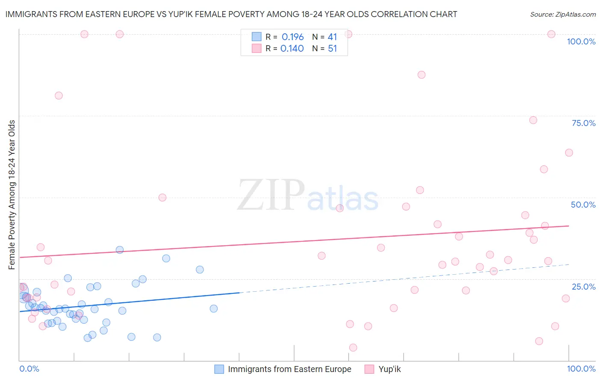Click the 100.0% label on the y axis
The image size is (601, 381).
(x=581, y=41)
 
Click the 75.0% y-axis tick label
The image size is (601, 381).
(x=583, y=123)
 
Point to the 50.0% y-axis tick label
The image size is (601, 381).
(x=583, y=205)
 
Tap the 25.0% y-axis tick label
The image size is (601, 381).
(x=583, y=286)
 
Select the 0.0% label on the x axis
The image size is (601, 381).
(x=29, y=369)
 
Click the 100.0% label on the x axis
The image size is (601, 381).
(x=581, y=369)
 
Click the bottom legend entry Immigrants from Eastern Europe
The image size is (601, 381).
(x=289, y=369)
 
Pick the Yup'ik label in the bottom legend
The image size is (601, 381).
(x=389, y=369)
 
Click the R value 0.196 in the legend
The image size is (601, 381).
(x=292, y=37)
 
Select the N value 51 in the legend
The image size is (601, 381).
(x=332, y=49)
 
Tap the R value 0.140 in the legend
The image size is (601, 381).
(x=292, y=49)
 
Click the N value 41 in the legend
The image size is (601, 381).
(x=332, y=37)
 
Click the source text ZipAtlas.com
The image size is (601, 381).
(x=563, y=14)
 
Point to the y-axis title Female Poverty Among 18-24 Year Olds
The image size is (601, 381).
(x=12, y=195)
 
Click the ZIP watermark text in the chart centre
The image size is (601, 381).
(x=271, y=195)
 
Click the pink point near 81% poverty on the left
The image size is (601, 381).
(x=59, y=96)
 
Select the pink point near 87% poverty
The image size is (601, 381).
(x=421, y=75)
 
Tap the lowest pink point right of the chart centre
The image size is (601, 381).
(x=353, y=348)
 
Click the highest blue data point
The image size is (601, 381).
(x=120, y=250)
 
